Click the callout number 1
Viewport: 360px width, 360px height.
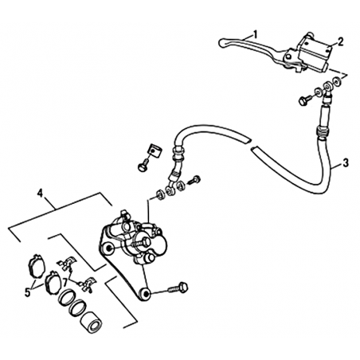(x=255, y=34)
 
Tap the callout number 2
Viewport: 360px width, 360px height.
(x=341, y=41)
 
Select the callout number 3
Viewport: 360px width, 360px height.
(x=345, y=162)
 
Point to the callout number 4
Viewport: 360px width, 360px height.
(x=40, y=193)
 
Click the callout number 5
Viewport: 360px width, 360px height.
(x=28, y=292)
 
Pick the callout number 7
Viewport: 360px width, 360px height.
(x=65, y=281)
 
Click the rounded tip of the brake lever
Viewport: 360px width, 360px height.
(x=222, y=43)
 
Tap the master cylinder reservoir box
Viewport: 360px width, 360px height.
(x=315, y=52)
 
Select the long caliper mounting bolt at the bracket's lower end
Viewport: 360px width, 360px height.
(x=178, y=288)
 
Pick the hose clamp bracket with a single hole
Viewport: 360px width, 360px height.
(x=154, y=151)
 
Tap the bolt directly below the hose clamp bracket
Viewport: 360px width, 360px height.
(x=143, y=165)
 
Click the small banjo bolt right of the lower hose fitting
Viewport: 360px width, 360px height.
(x=194, y=180)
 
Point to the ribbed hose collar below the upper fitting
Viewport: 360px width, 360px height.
(x=323, y=131)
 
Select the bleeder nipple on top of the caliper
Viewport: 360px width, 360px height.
(x=123, y=214)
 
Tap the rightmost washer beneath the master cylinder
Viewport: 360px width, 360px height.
(x=337, y=81)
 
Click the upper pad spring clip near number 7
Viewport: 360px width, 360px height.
(x=65, y=264)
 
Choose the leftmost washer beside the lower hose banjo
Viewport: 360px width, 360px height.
(x=160, y=194)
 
